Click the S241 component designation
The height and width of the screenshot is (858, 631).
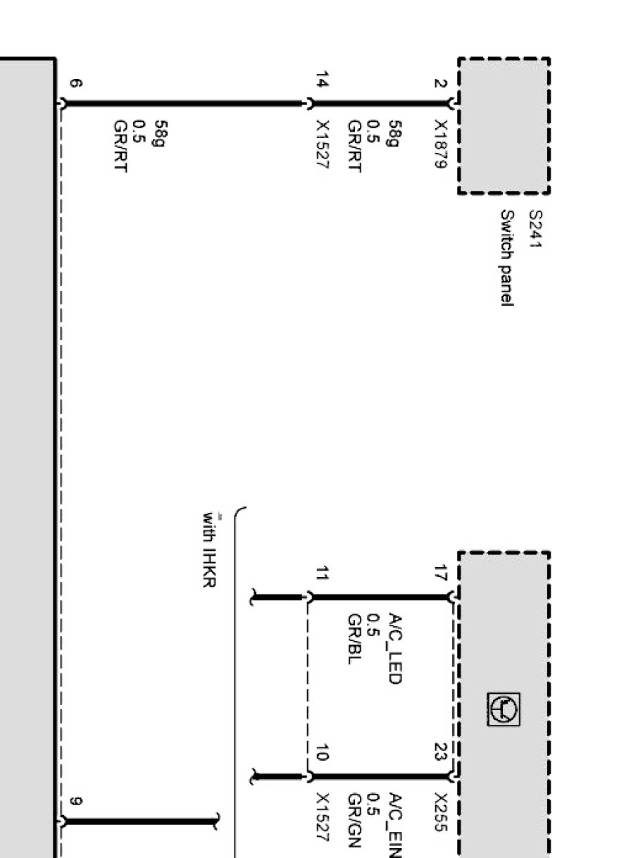point(536,229)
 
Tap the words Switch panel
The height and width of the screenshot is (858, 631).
point(507,258)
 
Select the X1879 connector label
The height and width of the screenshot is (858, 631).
point(441,144)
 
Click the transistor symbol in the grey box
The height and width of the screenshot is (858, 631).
point(504,709)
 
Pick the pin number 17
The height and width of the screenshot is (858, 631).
point(441,573)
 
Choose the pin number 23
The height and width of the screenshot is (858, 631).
point(441,751)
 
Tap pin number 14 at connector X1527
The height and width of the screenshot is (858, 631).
point(322,80)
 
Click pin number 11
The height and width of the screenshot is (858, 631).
point(322,573)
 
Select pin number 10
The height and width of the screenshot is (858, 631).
point(322,752)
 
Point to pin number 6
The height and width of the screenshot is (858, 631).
point(75,83)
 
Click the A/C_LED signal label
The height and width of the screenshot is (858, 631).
point(395,649)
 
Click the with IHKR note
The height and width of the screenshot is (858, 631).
point(210,549)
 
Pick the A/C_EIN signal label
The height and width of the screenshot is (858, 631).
point(395,825)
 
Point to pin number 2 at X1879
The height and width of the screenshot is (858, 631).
point(441,83)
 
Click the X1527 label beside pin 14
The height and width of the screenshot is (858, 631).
point(322,144)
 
